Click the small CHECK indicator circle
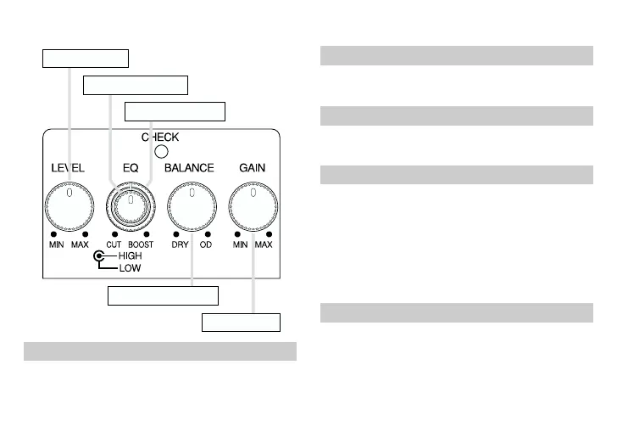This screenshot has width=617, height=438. [x=159, y=153]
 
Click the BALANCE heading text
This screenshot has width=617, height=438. [x=189, y=168]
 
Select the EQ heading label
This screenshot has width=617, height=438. [x=130, y=168]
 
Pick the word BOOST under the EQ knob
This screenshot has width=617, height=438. [x=141, y=244]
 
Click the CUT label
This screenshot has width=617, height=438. [x=114, y=244]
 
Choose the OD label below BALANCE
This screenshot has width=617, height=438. [x=206, y=244]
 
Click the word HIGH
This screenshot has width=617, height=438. [x=131, y=255]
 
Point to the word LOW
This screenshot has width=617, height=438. [x=130, y=267]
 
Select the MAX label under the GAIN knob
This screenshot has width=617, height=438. [x=264, y=244]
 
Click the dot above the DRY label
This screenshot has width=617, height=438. [x=176, y=233]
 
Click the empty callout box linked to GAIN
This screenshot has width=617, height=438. [x=241, y=322]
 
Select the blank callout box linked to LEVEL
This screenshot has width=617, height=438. [x=86, y=58]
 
